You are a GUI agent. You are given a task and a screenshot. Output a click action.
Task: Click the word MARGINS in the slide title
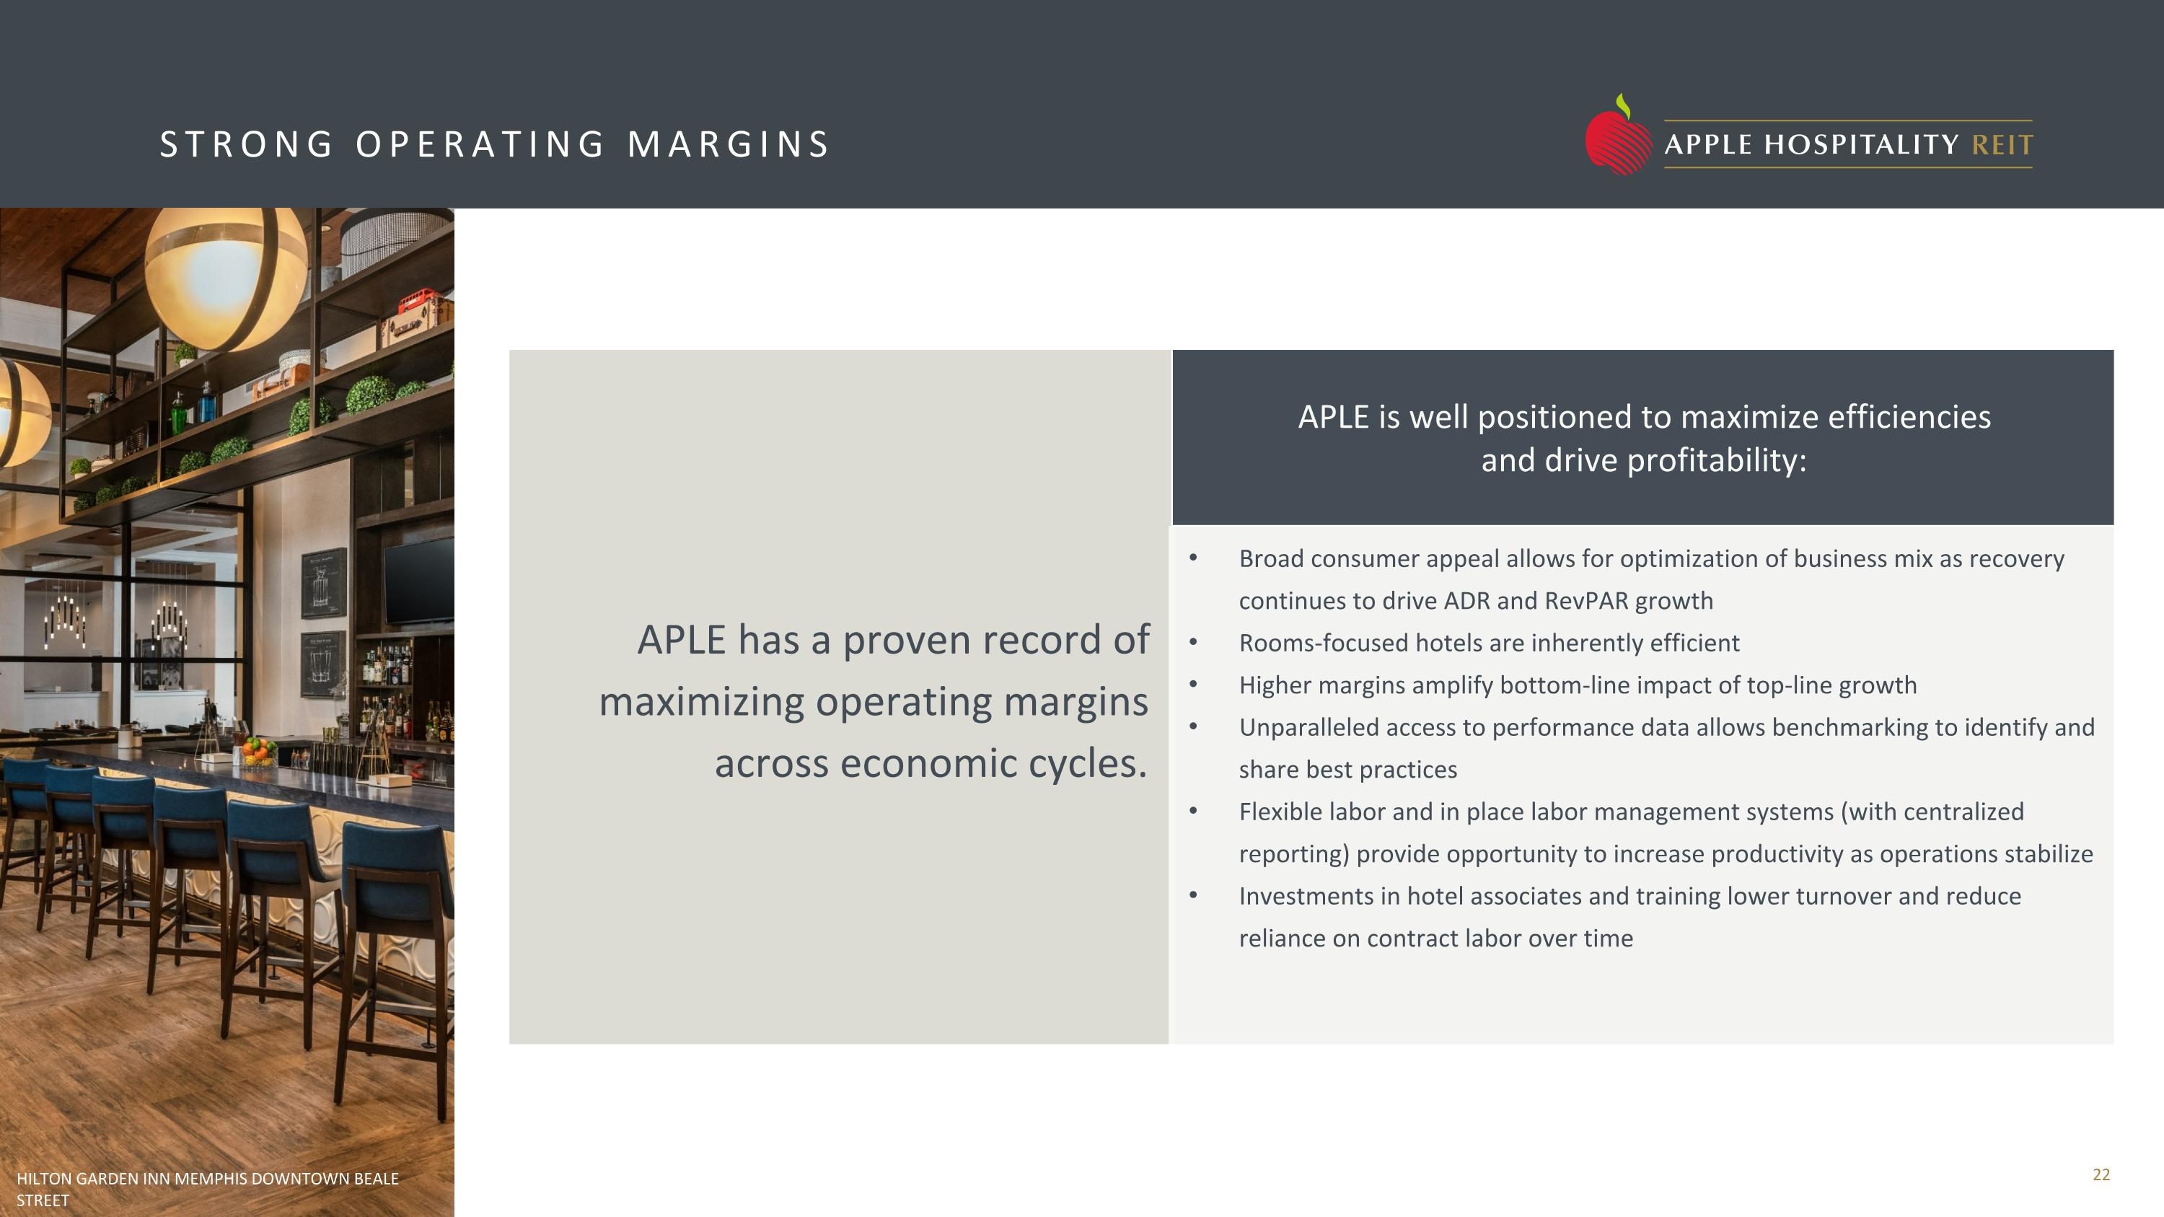pos(729,144)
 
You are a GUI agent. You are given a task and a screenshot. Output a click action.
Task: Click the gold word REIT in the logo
pos(2002,145)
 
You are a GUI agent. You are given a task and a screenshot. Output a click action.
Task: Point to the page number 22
pos(2101,1174)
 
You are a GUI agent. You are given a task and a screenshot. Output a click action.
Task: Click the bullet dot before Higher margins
pos(1193,685)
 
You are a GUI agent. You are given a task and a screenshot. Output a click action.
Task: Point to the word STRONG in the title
pos(246,144)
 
